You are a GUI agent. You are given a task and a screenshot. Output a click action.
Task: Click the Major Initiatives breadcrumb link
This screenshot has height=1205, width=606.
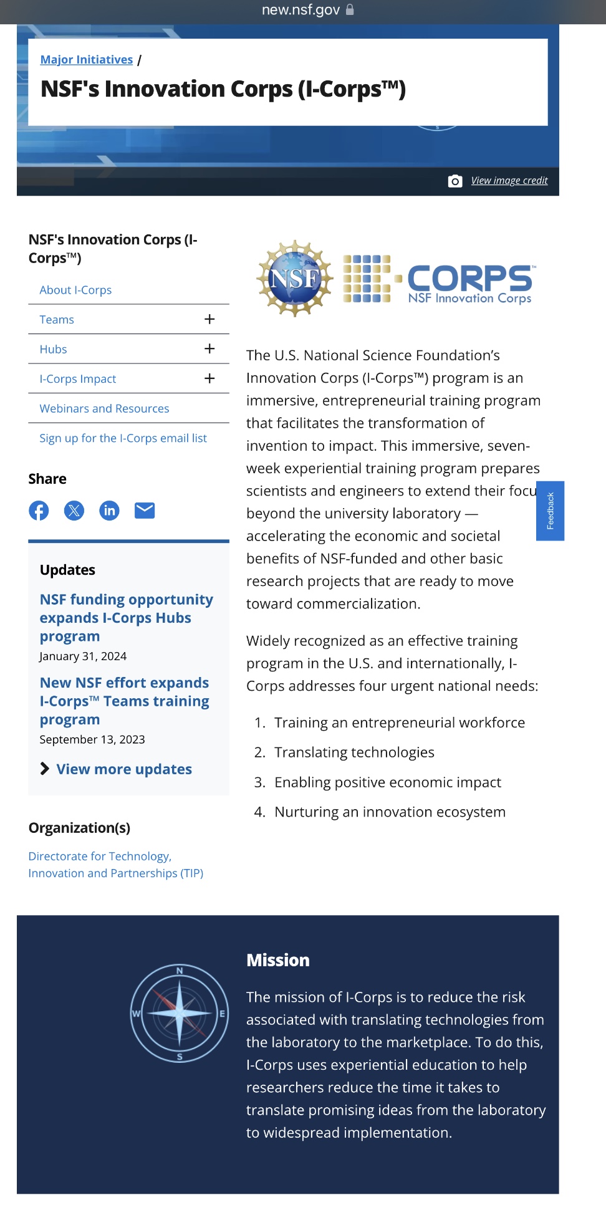pyautogui.click(x=86, y=60)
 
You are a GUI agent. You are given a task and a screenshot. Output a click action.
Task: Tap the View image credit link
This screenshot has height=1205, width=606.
pyautogui.click(x=509, y=181)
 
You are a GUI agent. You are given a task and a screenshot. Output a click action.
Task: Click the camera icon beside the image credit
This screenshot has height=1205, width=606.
pyautogui.click(x=455, y=181)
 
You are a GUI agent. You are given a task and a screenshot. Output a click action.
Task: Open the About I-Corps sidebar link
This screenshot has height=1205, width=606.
pyautogui.click(x=75, y=290)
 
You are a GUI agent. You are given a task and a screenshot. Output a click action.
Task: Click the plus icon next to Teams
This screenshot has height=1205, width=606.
pyautogui.click(x=209, y=319)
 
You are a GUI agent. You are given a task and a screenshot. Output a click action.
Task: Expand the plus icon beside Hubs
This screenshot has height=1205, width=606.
pyautogui.click(x=209, y=349)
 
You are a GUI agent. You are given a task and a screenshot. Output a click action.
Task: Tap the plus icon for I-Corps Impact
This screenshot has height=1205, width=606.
pyautogui.click(x=209, y=378)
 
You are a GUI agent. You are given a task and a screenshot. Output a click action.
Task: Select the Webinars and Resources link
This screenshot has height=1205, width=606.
pyautogui.click(x=104, y=409)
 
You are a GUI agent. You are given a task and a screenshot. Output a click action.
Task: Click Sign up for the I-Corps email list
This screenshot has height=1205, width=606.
pyautogui.click(x=123, y=438)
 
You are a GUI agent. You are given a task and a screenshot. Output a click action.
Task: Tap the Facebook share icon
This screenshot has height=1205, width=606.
pyautogui.click(x=39, y=511)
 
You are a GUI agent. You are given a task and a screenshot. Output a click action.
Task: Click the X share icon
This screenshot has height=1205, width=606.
pyautogui.click(x=74, y=511)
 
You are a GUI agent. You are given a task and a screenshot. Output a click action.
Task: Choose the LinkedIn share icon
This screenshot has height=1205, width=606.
pyautogui.click(x=109, y=511)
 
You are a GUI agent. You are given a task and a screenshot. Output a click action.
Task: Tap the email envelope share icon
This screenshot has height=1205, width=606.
pyautogui.click(x=145, y=511)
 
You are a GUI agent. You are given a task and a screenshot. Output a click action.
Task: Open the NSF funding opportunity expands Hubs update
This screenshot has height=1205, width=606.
pyautogui.click(x=126, y=617)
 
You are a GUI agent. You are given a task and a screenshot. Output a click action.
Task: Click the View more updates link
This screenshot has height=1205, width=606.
pyautogui.click(x=123, y=769)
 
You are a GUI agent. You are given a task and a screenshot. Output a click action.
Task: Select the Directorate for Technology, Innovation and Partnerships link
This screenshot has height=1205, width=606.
pyautogui.click(x=115, y=865)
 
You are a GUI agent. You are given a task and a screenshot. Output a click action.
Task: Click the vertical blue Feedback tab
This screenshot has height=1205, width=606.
pyautogui.click(x=550, y=511)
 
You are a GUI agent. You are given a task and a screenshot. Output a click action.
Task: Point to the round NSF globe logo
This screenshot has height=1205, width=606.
pyautogui.click(x=295, y=278)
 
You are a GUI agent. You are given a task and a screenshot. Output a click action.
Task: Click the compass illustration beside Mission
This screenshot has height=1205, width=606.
pyautogui.click(x=180, y=1013)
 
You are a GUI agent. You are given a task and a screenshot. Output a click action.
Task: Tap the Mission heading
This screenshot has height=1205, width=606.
pyautogui.click(x=278, y=960)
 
